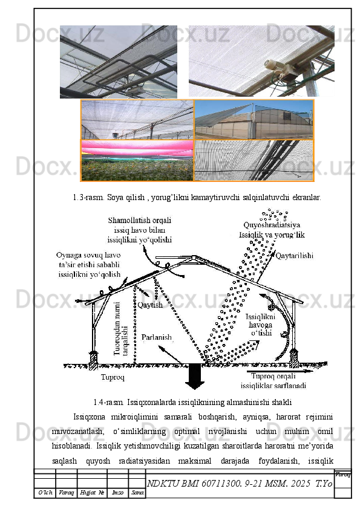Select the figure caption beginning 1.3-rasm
197,197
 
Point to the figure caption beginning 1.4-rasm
193,401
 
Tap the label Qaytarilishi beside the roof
295,256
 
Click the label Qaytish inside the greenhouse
150,305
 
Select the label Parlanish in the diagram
157,337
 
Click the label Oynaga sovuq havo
88,256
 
